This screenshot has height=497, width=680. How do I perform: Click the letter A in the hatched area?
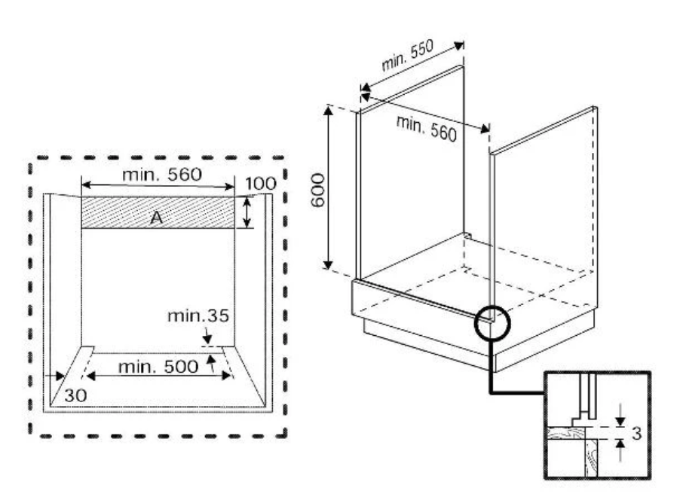pyautogui.click(x=156, y=217)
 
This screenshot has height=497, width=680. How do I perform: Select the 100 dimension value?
pyautogui.click(x=260, y=184)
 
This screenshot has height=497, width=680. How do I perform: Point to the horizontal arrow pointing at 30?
pyautogui.click(x=54, y=375)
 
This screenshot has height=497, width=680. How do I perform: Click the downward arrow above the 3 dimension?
pyautogui.click(x=620, y=413)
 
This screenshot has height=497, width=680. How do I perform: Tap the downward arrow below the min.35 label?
pyautogui.click(x=207, y=335)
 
